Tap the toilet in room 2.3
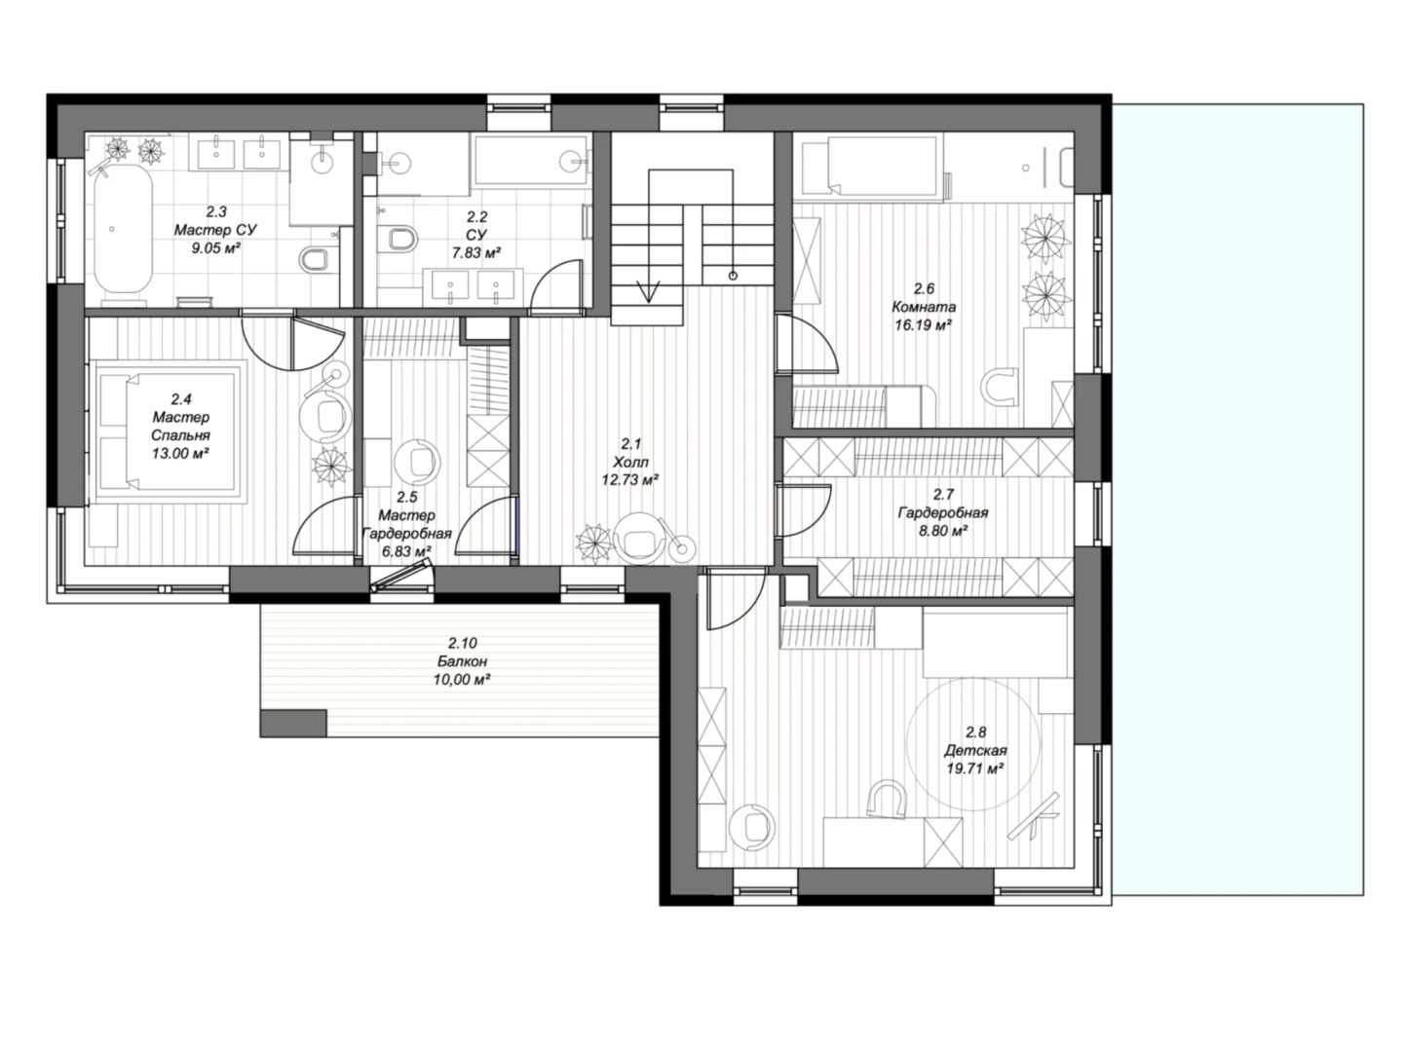(x=313, y=258)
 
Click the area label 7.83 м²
(x=475, y=253)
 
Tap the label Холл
(x=630, y=461)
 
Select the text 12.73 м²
(x=630, y=479)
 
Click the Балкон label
(x=462, y=661)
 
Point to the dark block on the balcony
(x=293, y=723)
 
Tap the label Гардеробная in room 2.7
(x=943, y=512)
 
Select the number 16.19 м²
(x=924, y=325)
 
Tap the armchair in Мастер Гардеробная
(x=417, y=461)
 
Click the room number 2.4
(x=181, y=399)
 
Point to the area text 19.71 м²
(x=974, y=768)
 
